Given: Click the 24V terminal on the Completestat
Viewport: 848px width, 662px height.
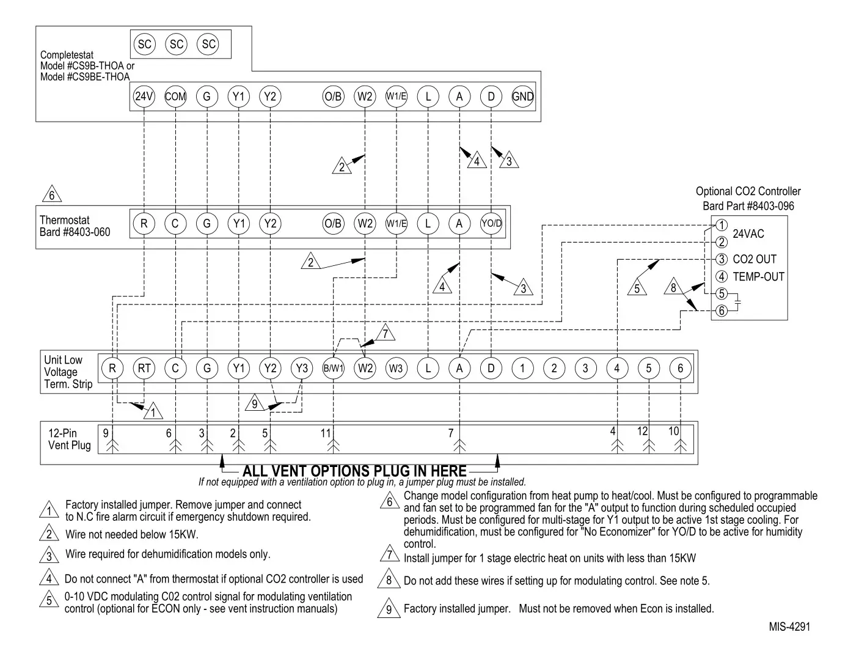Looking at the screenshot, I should click(x=144, y=97).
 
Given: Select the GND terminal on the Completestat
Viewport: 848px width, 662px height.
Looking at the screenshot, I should click(x=522, y=97).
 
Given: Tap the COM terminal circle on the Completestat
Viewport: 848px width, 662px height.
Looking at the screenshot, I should click(x=176, y=97).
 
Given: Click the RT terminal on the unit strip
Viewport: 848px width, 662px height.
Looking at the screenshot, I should click(x=144, y=368).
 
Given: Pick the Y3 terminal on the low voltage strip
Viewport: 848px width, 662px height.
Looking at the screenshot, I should click(x=302, y=368).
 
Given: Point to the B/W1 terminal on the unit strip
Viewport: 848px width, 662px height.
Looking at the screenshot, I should click(x=334, y=368).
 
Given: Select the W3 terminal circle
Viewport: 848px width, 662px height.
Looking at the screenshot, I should click(x=397, y=368).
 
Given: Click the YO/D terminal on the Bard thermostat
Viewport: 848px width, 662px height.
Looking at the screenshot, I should click(x=491, y=224).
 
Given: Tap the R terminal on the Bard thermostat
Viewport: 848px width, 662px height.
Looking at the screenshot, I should click(x=144, y=224).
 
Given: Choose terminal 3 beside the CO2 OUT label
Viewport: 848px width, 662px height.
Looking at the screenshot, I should click(x=722, y=259).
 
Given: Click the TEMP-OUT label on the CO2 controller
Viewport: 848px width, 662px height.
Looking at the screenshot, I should click(x=758, y=277).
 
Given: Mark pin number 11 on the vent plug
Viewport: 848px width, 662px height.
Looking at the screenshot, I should click(x=326, y=433).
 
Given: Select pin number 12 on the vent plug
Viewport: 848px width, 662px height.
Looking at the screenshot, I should click(x=642, y=432).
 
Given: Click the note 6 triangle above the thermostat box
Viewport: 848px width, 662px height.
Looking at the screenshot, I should click(x=52, y=194).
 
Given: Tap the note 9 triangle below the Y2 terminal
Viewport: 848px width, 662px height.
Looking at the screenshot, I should click(x=255, y=404).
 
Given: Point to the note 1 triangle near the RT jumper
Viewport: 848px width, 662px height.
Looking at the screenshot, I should click(x=153, y=412).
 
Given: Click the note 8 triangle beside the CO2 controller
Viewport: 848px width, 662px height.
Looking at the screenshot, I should click(x=673, y=287).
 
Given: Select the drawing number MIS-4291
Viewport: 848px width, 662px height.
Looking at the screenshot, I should click(x=789, y=627).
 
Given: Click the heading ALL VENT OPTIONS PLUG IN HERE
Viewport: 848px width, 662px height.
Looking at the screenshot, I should click(x=354, y=471).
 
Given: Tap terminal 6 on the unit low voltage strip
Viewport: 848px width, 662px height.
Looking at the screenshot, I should click(x=680, y=368).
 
